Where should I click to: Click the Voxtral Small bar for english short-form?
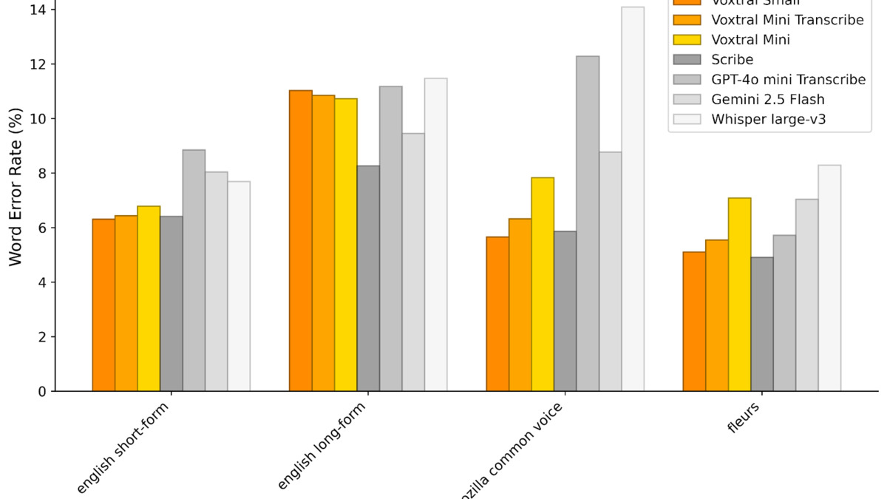point(103,305)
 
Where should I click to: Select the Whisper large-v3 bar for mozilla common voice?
point(633,199)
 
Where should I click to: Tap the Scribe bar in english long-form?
point(368,278)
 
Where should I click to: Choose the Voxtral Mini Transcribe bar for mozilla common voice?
point(520,305)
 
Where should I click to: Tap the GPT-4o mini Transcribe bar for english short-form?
point(194,270)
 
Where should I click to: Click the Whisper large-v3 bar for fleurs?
point(829,278)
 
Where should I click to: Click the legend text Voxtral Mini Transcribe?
point(787,20)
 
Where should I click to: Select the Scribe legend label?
point(733,60)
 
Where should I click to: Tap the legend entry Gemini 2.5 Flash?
point(768,99)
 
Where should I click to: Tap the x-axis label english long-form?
point(322,447)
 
